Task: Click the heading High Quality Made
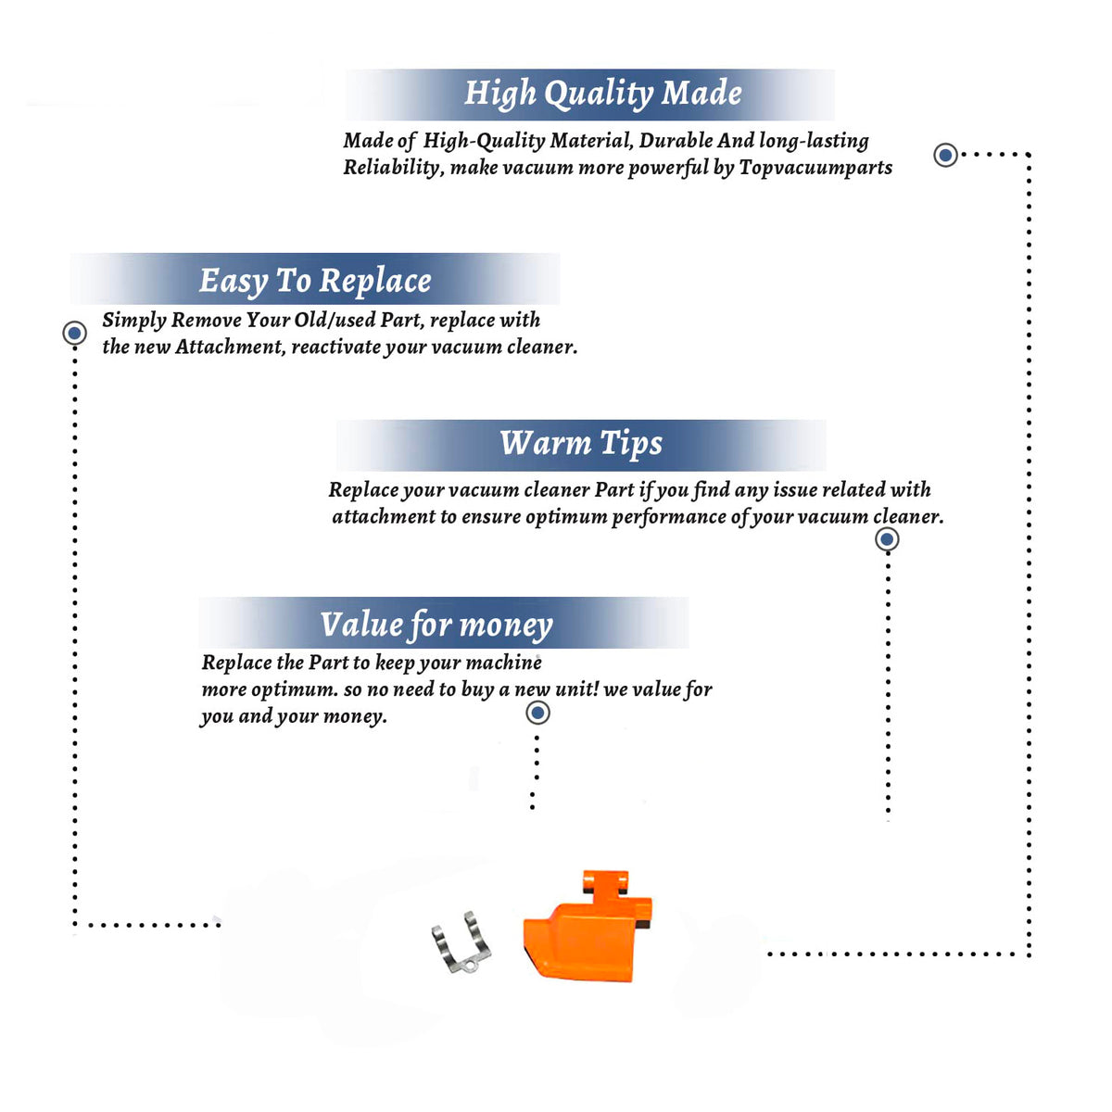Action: tap(602, 94)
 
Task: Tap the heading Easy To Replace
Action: tap(315, 282)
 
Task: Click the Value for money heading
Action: tap(436, 625)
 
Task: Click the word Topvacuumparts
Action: tap(815, 168)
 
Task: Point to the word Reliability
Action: tap(393, 168)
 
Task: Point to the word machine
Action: tap(503, 663)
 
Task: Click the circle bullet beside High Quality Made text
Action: tap(945, 155)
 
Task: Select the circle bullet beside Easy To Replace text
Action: tap(74, 333)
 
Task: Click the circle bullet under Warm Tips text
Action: tap(887, 539)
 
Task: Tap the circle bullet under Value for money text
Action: tap(537, 713)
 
